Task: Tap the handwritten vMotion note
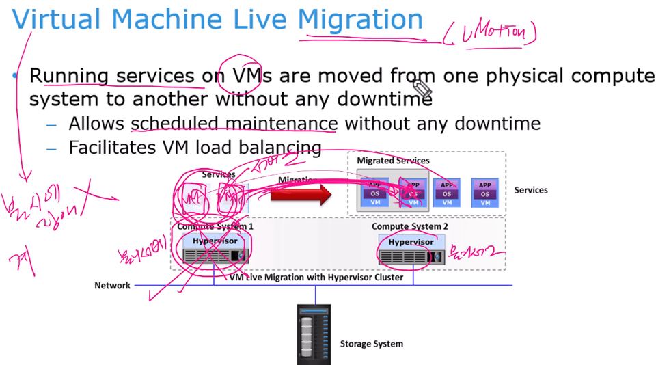pyautogui.click(x=489, y=33)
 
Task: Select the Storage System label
pyautogui.click(x=371, y=344)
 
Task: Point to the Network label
pyautogui.click(x=112, y=285)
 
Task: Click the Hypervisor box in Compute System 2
pyautogui.click(x=411, y=243)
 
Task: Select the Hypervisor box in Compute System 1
pyautogui.click(x=215, y=241)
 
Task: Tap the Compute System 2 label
pyautogui.click(x=410, y=226)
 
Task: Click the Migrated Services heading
pyautogui.click(x=394, y=161)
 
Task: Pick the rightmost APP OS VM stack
pyautogui.click(x=485, y=193)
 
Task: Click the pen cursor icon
pyautogui.click(x=422, y=88)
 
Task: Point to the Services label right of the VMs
pyautogui.click(x=531, y=190)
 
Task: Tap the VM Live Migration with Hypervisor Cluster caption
pyautogui.click(x=316, y=278)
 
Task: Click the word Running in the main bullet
pyautogui.click(x=70, y=75)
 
